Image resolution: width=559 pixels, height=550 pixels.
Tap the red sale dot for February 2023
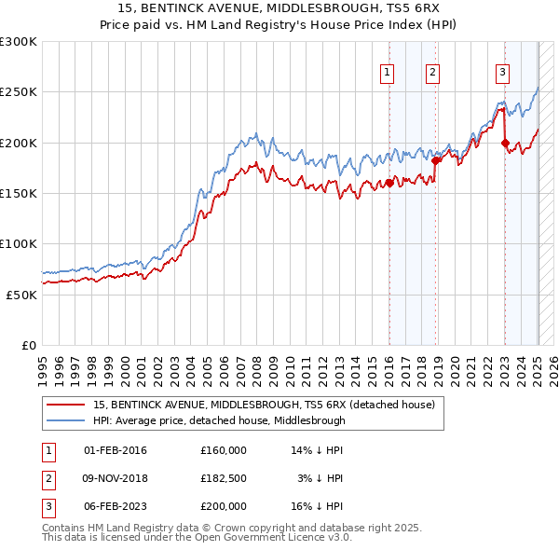[x=505, y=143]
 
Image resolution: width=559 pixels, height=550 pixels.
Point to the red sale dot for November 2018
[x=435, y=160]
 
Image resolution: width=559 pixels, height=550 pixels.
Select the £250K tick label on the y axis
[x=20, y=92]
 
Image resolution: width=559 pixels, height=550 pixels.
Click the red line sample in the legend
[x=66, y=405]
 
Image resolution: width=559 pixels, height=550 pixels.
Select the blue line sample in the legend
[x=66, y=420]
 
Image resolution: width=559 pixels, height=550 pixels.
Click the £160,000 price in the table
[x=224, y=450]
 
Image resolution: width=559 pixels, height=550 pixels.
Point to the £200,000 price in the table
[x=224, y=506]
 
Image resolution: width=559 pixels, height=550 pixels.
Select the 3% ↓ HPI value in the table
[x=321, y=478]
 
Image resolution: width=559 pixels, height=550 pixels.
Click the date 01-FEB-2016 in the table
[x=116, y=450]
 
